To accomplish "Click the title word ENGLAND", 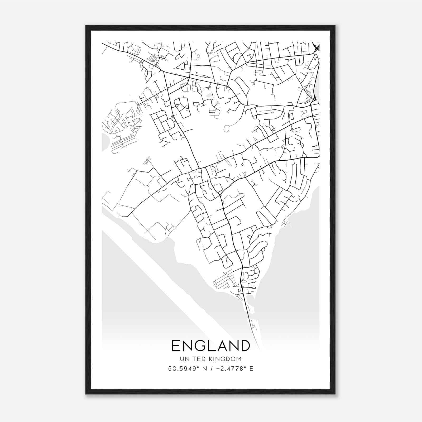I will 211,346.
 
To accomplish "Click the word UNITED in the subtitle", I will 190,359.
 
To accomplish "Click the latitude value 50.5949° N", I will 187,369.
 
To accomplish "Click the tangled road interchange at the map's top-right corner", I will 316,48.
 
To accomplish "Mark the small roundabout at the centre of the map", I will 220,195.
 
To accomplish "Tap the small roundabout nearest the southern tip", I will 242,287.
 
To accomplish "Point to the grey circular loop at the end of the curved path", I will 226,128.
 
